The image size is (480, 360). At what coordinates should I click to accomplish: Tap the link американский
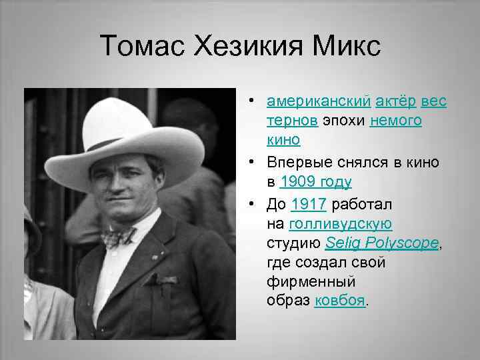(318, 101)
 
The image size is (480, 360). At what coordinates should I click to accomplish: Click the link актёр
(397, 101)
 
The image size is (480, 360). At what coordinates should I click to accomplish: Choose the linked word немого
(396, 121)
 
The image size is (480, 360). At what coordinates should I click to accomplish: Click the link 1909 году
(316, 182)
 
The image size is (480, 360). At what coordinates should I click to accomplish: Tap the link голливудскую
(341, 223)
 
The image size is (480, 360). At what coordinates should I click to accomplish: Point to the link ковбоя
(339, 301)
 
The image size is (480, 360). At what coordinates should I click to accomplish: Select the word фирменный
(306, 281)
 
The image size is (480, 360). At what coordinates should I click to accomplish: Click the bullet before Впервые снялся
(254, 162)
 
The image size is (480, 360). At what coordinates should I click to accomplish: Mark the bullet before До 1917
(254, 203)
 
